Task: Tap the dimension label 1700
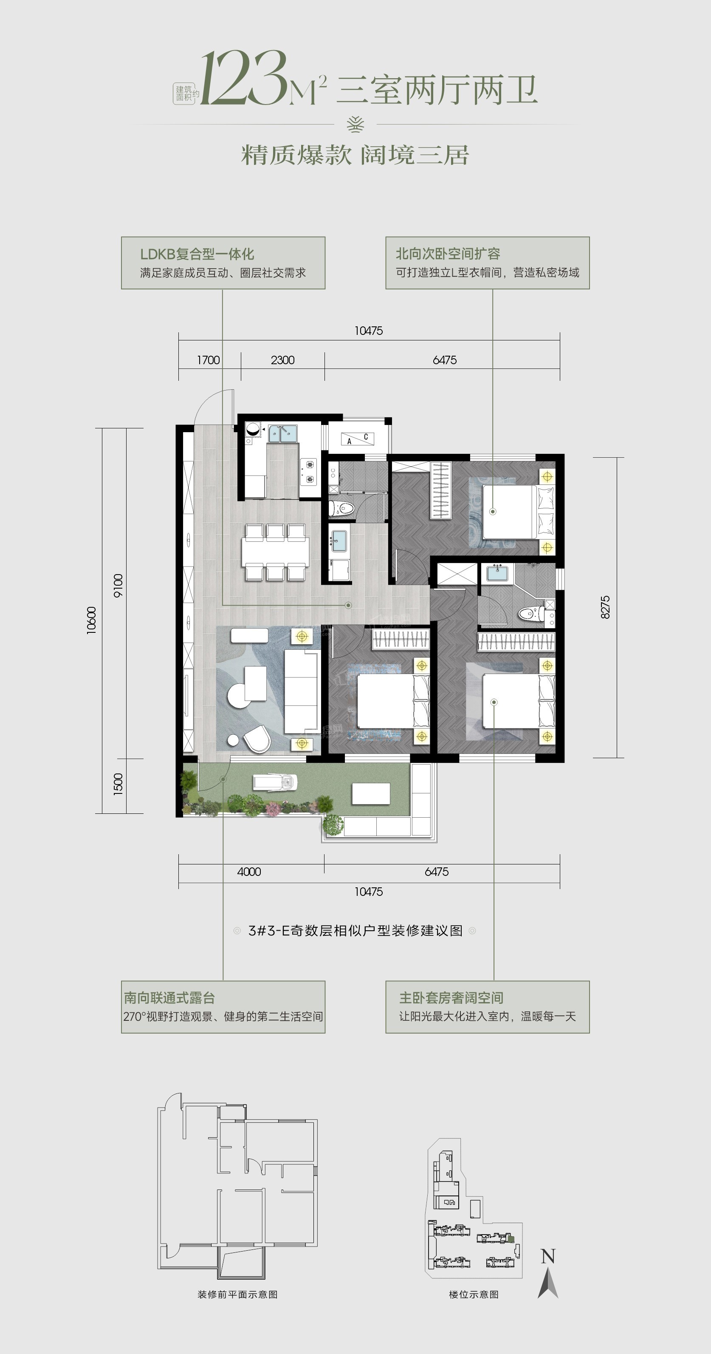pyautogui.click(x=208, y=360)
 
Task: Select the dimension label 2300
pyautogui.click(x=283, y=360)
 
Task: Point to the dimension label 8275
pyautogui.click(x=605, y=607)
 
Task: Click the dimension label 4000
pyautogui.click(x=249, y=872)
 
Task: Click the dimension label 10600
pyautogui.click(x=91, y=620)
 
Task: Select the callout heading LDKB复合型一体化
pyautogui.click(x=197, y=255)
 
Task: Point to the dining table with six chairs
pyautogui.click(x=275, y=552)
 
